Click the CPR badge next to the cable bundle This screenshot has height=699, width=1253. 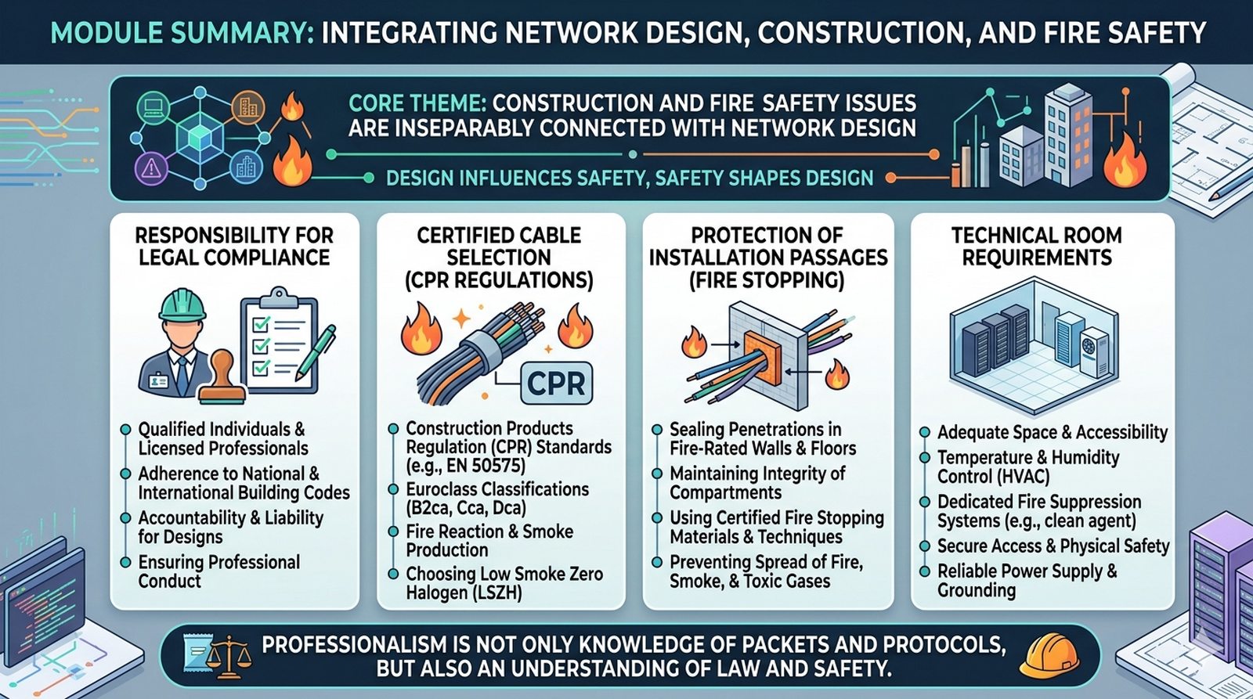tap(555, 383)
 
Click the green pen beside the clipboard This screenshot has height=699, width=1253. tap(316, 351)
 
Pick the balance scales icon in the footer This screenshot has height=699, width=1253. tap(228, 657)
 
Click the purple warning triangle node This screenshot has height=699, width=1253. tap(151, 167)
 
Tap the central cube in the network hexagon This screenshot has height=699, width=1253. tap(200, 136)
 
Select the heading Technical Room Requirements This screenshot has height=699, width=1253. tap(1037, 246)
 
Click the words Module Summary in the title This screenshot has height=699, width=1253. tap(182, 32)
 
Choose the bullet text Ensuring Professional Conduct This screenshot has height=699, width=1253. tap(218, 571)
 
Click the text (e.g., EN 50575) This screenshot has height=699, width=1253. tap(465, 466)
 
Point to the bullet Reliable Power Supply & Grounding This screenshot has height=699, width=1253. tap(1027, 581)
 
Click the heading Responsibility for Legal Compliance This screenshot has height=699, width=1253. tap(234, 246)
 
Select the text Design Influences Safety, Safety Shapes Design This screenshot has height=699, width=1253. tap(630, 178)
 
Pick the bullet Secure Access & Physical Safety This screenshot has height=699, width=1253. tap(1053, 546)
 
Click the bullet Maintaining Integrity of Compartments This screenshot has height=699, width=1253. tap(757, 483)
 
